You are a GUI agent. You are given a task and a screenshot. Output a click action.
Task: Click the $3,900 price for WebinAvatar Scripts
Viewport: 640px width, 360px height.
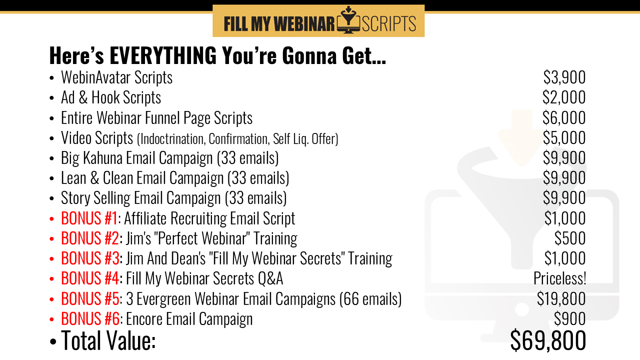pyautogui.click(x=564, y=77)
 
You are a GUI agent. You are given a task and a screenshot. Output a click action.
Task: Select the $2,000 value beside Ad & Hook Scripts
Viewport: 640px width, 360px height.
pyautogui.click(x=564, y=97)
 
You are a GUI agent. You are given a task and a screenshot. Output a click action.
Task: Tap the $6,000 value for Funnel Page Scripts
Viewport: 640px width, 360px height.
pyautogui.click(x=564, y=117)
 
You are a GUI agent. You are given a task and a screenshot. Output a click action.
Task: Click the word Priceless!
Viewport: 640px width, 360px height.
pyautogui.click(x=560, y=278)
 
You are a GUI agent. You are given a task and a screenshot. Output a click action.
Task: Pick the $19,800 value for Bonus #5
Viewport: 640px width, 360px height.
pyautogui.click(x=561, y=298)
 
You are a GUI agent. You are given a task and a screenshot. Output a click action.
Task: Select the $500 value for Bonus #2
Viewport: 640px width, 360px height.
pyautogui.click(x=569, y=238)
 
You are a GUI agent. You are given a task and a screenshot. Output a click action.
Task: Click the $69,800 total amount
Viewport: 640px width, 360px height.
pyautogui.click(x=548, y=340)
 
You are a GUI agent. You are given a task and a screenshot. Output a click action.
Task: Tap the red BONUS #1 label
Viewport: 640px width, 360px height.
pyautogui.click(x=89, y=218)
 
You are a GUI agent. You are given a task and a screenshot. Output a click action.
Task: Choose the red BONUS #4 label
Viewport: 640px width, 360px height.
pyautogui.click(x=90, y=278)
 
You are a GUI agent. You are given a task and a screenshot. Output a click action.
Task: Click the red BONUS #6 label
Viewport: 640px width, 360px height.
pyautogui.click(x=90, y=318)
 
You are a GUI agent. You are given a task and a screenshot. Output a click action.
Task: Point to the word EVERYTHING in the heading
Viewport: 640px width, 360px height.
pyautogui.click(x=163, y=55)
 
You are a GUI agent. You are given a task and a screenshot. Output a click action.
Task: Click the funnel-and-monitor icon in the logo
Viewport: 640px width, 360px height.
pyautogui.click(x=348, y=20)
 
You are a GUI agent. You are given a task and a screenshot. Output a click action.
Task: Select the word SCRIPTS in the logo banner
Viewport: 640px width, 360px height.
pyautogui.click(x=389, y=23)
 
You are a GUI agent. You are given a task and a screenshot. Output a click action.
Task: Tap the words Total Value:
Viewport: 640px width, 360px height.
pyautogui.click(x=108, y=340)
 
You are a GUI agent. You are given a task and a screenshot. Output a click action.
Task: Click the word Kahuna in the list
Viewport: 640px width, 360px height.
pyautogui.click(x=102, y=158)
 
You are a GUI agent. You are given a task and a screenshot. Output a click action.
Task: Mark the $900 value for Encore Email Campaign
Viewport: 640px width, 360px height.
pyautogui.click(x=569, y=318)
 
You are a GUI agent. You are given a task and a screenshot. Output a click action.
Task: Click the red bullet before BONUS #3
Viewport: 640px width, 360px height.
pyautogui.click(x=51, y=259)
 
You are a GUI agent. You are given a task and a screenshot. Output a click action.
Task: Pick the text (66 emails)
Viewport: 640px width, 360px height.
pyautogui.click(x=370, y=299)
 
